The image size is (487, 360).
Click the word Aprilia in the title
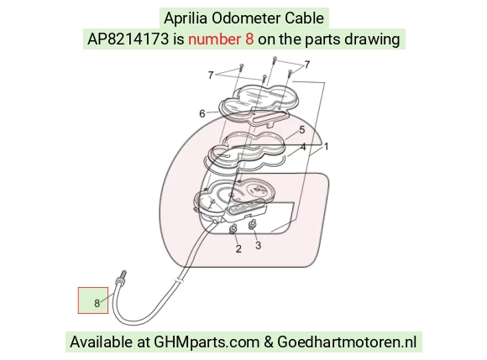[x=186, y=18]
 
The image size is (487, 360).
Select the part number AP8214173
[x=128, y=39]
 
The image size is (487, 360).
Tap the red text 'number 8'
[x=221, y=39]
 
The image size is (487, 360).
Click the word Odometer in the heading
[x=246, y=18]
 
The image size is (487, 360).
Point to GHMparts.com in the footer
[x=207, y=342]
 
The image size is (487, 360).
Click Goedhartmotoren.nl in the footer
[x=347, y=342]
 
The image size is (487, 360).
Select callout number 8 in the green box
[x=97, y=303]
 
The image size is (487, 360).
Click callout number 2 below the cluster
[x=238, y=248]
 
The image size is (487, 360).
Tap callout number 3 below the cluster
[x=258, y=245]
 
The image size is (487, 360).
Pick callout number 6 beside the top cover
[x=202, y=114]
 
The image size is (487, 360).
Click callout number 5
[x=302, y=130]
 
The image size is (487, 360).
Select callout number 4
[x=303, y=147]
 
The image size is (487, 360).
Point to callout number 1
[x=326, y=146]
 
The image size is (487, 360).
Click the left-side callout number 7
[x=211, y=75]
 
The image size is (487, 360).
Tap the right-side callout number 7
[x=306, y=65]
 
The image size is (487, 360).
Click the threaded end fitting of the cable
[x=121, y=278]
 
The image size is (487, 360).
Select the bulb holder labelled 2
[x=233, y=229]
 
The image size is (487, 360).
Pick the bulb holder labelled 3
[x=253, y=224]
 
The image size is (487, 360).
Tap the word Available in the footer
[x=101, y=342]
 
